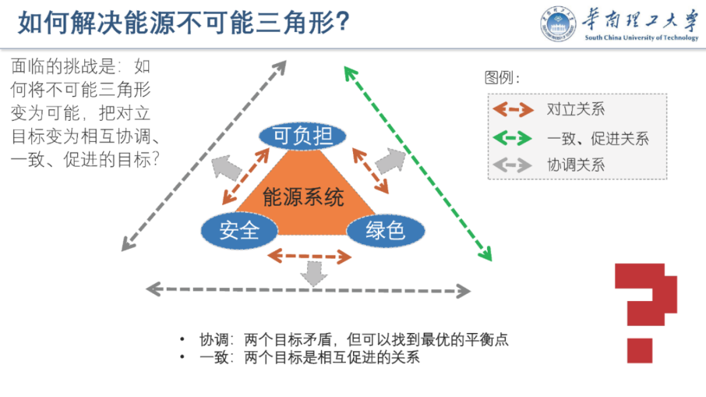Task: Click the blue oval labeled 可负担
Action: [302, 137]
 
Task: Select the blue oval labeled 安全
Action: [239, 230]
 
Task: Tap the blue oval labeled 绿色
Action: [385, 230]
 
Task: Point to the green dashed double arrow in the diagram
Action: [418, 164]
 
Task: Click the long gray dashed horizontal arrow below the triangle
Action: [308, 290]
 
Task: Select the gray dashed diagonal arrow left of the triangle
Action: [204, 155]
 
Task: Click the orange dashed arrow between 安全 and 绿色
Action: [309, 256]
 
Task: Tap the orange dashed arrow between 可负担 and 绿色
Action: [370, 171]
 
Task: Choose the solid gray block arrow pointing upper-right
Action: [390, 160]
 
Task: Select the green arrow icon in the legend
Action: [513, 138]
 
